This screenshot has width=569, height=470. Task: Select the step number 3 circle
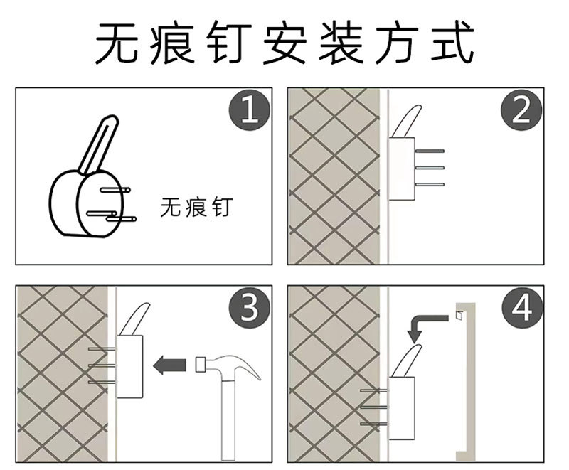pyautogui.click(x=250, y=308)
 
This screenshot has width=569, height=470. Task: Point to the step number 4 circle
pyautogui.click(x=522, y=308)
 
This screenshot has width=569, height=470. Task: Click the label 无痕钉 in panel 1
pyautogui.click(x=196, y=207)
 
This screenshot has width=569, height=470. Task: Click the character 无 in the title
pyautogui.click(x=117, y=43)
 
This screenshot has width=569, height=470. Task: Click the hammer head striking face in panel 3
pyautogui.click(x=200, y=365)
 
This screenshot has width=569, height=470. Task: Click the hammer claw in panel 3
pyautogui.click(x=250, y=366)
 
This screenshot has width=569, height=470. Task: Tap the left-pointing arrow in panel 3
pyautogui.click(x=169, y=365)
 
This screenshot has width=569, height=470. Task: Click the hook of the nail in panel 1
pyautogui.click(x=98, y=145)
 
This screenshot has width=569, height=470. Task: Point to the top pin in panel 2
pyautogui.click(x=430, y=151)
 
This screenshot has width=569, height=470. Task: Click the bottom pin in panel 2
pyautogui.click(x=430, y=184)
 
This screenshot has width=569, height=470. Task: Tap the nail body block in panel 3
pyautogui.click(x=129, y=367)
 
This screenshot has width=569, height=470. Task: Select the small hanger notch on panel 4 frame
pyautogui.click(x=459, y=316)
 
